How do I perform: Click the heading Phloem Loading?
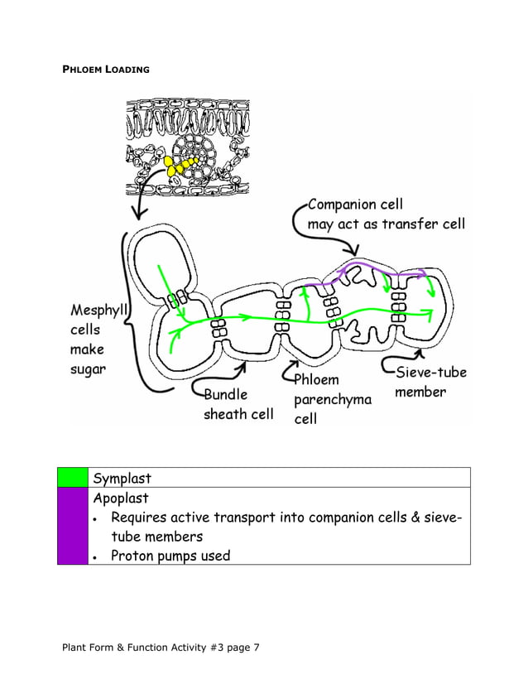coord(106,70)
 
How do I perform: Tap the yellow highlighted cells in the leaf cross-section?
coord(178,165)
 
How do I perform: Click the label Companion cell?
coord(354,205)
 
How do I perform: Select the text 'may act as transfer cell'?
coord(386,224)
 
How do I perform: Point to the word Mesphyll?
coord(100,311)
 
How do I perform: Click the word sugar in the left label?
coord(88,369)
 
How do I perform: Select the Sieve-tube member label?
coord(430,382)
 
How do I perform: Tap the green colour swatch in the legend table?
coord(72,478)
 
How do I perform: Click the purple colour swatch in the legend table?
coord(72,527)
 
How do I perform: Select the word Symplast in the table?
coord(122,479)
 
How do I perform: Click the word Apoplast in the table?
coord(121,499)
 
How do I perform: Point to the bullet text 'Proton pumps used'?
coord(170,556)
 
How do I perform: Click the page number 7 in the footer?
coord(257,647)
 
